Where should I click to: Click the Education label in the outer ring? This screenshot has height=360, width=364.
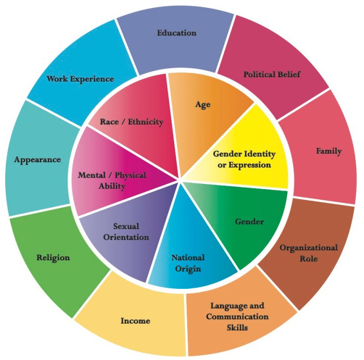click(176, 33)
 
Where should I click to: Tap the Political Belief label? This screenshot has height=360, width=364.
click(272, 74)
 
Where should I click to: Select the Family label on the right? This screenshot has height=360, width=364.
click(329, 151)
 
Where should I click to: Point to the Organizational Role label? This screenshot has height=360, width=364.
click(308, 252)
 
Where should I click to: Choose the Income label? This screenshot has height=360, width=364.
click(135, 321)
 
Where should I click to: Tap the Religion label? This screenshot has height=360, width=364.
click(53, 257)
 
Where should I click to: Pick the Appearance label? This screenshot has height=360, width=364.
click(37, 159)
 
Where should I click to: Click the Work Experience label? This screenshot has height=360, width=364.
click(80, 79)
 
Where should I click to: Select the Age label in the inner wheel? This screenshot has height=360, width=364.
click(203, 104)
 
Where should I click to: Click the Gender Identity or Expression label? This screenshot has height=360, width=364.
click(244, 159)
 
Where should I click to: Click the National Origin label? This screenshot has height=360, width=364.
click(188, 263)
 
